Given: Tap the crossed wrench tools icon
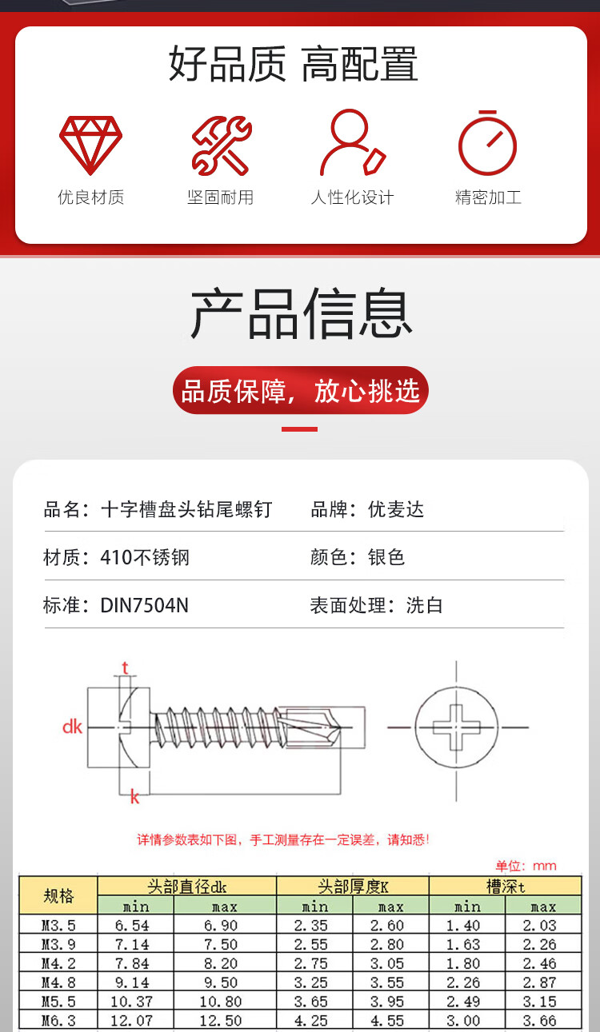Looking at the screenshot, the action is tap(222, 145).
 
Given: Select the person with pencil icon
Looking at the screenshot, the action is tap(353, 142).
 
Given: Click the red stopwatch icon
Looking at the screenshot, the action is tap(487, 143).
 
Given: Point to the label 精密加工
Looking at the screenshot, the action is tap(488, 197).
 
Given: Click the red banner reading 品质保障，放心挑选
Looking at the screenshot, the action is tap(300, 390).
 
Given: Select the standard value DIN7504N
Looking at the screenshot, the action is tap(144, 605).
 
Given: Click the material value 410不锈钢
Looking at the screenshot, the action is tap(145, 557).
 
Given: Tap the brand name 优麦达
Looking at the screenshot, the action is tap(396, 509).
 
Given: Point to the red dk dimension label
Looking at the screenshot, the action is tap(72, 727).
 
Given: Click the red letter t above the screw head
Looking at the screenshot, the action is tap(125, 667).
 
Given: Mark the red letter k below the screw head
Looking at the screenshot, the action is tap(134, 796).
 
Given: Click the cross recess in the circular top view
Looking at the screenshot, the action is tap(457, 727).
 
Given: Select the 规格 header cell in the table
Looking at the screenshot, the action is tap(58, 895).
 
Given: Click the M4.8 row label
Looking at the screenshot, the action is tap(58, 982).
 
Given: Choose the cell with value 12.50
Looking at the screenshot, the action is tap(221, 1021).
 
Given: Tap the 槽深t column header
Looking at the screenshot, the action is tap(506, 887).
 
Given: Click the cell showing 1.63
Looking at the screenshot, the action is tap(463, 944).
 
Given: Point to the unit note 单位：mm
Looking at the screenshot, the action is tap(526, 866).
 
